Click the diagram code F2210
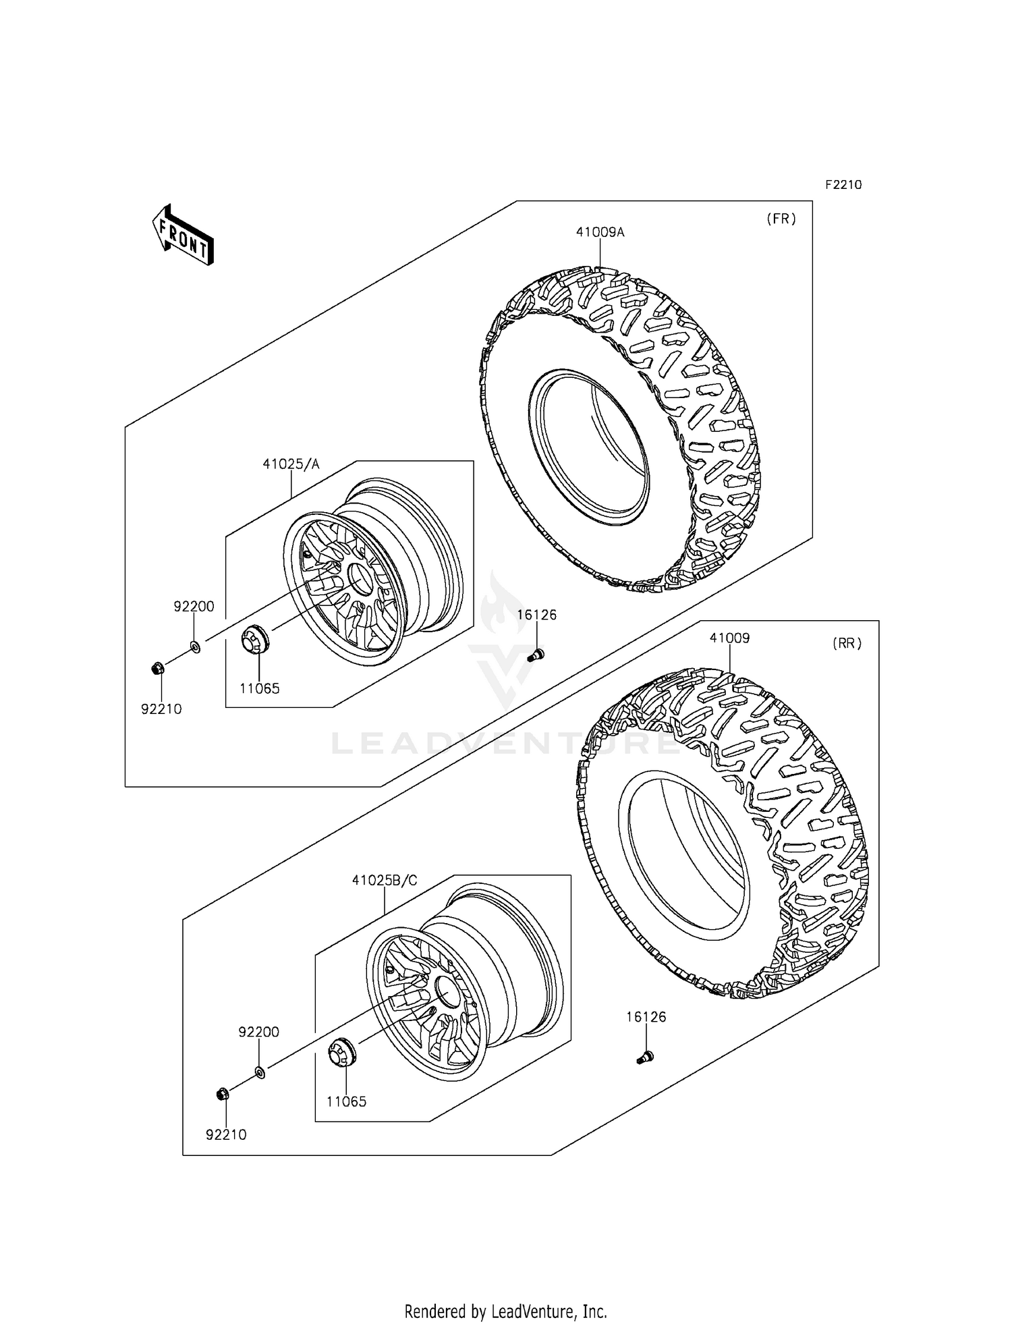841,185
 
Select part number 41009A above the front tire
600,232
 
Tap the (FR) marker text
781,219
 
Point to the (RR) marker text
847,643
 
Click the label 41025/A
291,464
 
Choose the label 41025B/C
384,880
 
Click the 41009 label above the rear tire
729,638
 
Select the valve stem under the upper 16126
536,653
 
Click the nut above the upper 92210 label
155,669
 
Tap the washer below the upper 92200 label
194,647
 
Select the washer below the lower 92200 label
260,1071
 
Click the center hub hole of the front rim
359,578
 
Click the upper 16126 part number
536,615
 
